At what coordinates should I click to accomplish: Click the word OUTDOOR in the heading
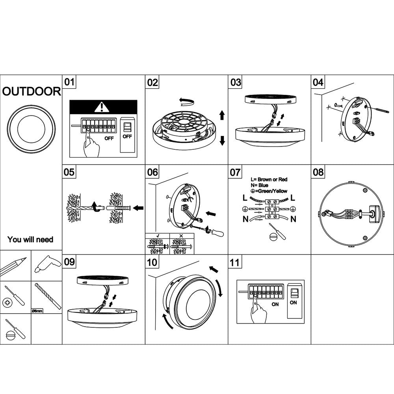click(32, 92)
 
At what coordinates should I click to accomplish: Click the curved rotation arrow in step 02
click(186, 102)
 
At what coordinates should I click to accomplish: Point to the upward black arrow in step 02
click(222, 115)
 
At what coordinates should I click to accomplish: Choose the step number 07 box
click(235, 172)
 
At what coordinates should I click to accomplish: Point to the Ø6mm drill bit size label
click(37, 311)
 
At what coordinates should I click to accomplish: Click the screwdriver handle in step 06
click(217, 233)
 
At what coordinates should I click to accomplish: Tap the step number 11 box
click(235, 262)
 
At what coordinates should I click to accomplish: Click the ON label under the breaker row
click(275, 304)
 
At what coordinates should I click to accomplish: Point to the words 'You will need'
click(30, 239)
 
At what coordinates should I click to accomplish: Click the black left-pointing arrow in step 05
click(138, 208)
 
